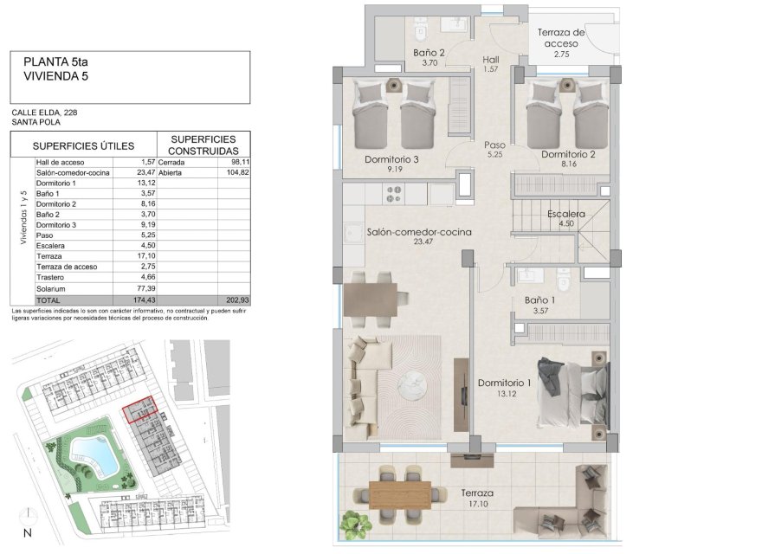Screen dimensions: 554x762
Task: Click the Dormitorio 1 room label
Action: pyautogui.click(x=504, y=383)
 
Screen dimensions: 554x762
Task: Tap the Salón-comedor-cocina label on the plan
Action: pyautogui.click(x=411, y=232)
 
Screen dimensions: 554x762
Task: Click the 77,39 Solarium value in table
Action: pyautogui.click(x=144, y=287)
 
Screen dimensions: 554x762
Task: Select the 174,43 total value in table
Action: pyautogui.click(x=142, y=299)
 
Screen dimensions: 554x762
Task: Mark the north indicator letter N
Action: pyautogui.click(x=27, y=532)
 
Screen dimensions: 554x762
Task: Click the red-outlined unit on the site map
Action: pyautogui.click(x=140, y=409)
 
